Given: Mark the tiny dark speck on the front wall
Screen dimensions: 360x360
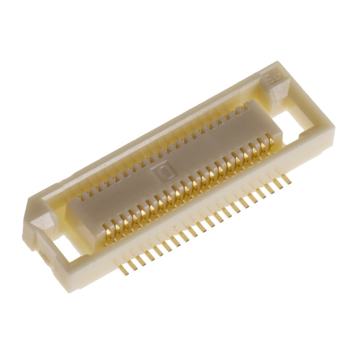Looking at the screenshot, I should coord(173,224).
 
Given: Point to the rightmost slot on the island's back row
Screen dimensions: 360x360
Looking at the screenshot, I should coord(246,108).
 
